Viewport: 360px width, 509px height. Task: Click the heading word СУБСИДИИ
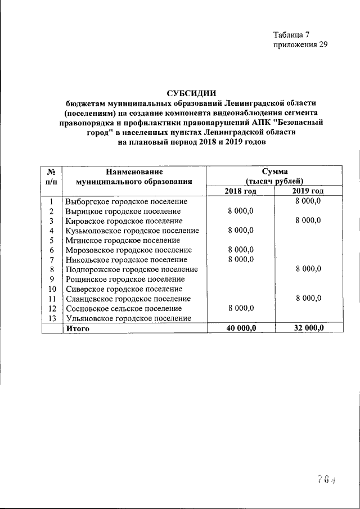pyautogui.click(x=191, y=93)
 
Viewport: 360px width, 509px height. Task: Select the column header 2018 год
pyautogui.click(x=240, y=191)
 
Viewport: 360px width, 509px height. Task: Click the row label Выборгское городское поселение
pyautogui.click(x=126, y=201)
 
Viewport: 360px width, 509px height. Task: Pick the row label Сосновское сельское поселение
pyautogui.click(x=124, y=308)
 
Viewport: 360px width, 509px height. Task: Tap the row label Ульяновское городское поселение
pyautogui.click(x=128, y=318)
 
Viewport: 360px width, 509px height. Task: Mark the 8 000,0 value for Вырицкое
pyautogui.click(x=241, y=211)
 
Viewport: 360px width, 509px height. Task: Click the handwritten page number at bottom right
pyautogui.click(x=326, y=479)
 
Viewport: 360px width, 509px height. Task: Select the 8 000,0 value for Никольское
pyautogui.click(x=241, y=259)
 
